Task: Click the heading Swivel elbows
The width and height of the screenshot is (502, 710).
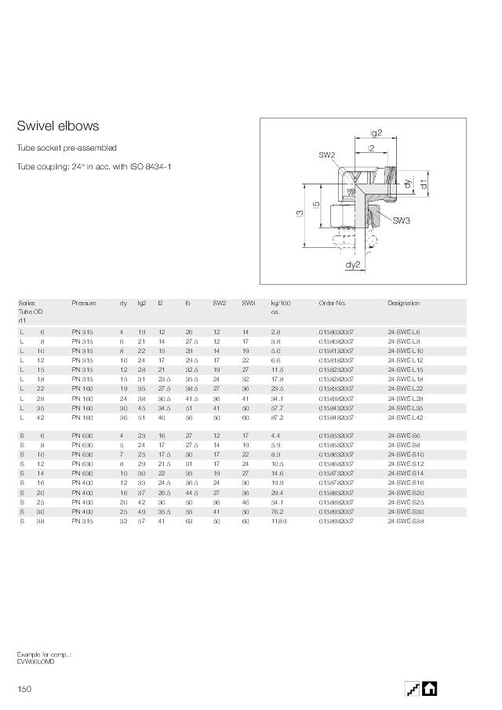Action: [58, 126]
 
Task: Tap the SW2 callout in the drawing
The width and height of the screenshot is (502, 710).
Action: [327, 155]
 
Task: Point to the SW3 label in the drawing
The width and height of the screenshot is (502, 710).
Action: [402, 220]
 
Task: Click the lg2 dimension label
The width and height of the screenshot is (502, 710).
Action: [376, 133]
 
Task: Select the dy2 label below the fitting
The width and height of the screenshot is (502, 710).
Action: [353, 264]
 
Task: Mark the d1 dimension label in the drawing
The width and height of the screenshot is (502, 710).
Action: [423, 184]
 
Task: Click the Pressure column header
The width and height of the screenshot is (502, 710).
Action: [84, 303]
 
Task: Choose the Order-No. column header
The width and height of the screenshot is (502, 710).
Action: [333, 303]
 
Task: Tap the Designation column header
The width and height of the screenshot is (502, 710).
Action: [404, 303]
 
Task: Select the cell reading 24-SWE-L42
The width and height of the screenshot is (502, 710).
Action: [406, 418]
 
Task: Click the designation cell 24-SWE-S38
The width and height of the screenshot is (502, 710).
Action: [405, 521]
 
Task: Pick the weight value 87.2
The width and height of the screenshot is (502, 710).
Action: [277, 418]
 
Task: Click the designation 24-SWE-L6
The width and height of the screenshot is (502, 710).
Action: [404, 332]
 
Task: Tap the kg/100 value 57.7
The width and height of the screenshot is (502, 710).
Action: [277, 409]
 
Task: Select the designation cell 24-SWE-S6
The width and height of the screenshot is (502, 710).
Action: [403, 435]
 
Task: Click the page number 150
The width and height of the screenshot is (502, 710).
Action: [24, 689]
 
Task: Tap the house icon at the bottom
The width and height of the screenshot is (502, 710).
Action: [430, 688]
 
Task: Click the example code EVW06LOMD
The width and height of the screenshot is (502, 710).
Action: [36, 661]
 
